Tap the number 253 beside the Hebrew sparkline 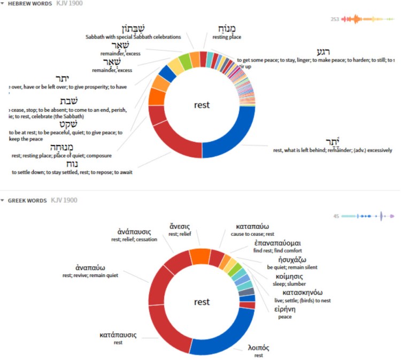[335, 19]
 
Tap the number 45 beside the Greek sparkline [336, 216]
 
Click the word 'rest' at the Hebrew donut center [202, 105]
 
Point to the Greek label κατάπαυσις [118, 335]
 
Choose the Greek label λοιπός [258, 348]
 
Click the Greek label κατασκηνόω [297, 293]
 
